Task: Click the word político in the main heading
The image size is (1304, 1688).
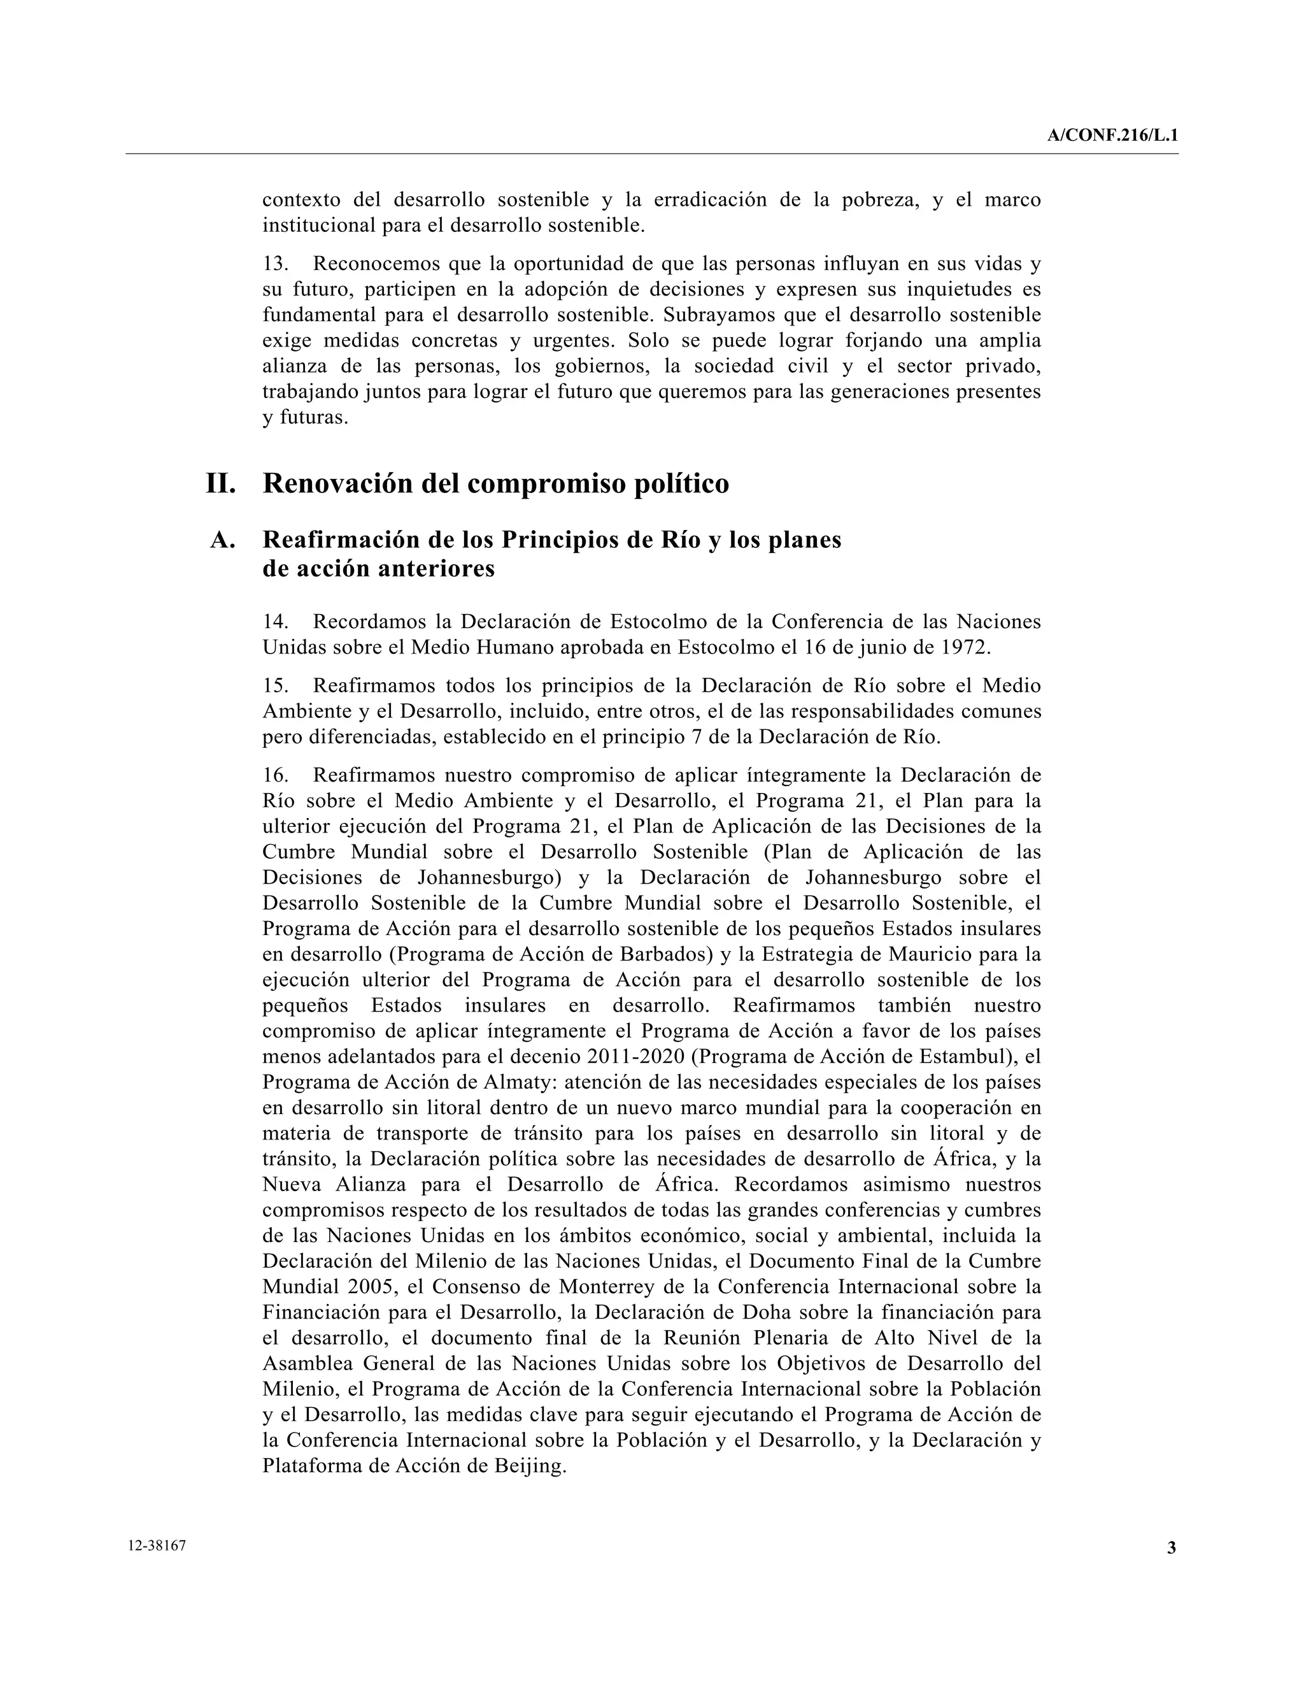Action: point(680,484)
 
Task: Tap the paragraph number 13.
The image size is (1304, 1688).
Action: point(275,264)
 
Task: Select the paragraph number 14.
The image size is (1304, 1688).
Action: point(275,622)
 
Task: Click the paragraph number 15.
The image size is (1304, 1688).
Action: point(275,686)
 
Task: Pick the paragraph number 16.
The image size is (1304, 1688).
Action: point(275,775)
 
